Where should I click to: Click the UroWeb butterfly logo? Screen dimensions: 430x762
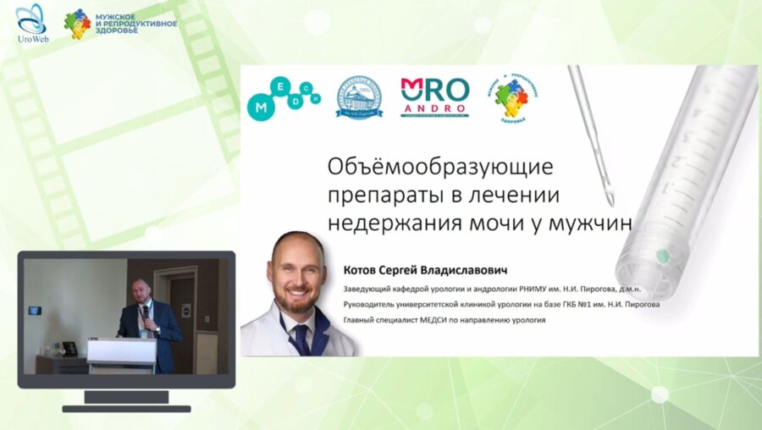31,19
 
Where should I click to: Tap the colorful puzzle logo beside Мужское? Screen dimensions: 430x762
77,23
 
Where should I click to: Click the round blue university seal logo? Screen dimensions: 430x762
359,97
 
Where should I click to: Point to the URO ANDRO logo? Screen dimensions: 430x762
434,96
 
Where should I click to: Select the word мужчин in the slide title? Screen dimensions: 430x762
590,222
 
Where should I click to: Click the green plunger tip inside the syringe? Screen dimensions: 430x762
664,255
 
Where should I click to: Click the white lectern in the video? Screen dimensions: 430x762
121,353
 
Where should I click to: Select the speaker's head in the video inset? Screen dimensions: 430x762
141,291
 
